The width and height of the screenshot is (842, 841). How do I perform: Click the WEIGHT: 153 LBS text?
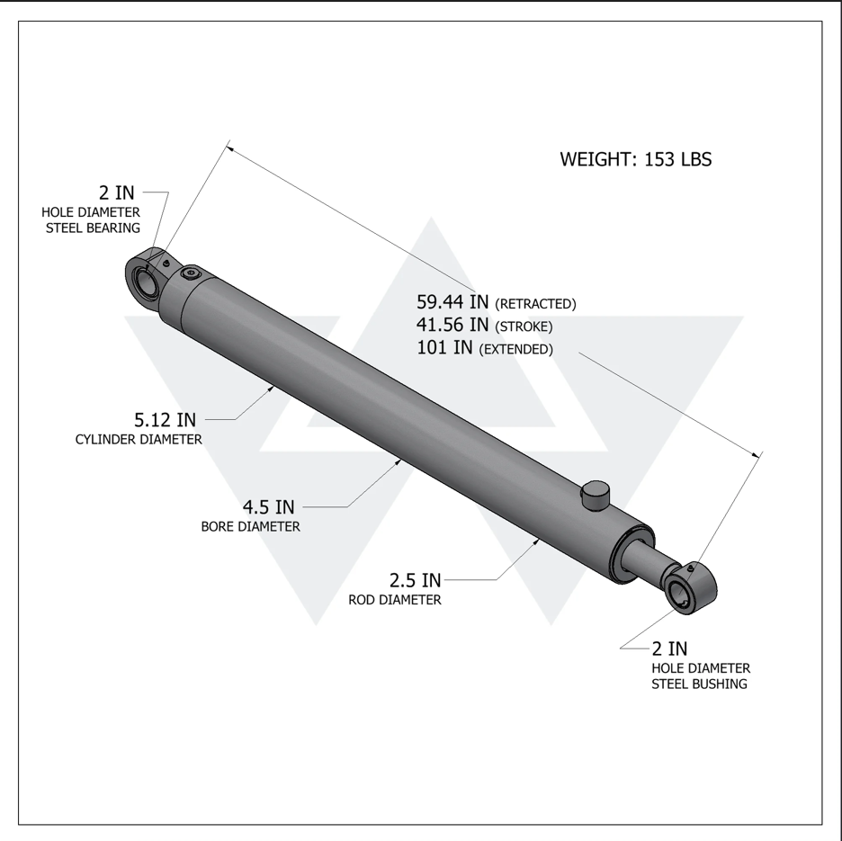tap(636, 159)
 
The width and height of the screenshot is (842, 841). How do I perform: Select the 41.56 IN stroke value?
tap(452, 325)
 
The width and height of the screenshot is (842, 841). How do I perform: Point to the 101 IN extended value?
tap(444, 347)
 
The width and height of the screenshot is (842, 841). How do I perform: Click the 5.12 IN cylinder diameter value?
tap(165, 419)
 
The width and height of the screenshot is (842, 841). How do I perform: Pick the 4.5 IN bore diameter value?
tap(268, 507)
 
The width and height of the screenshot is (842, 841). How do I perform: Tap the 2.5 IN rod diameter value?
tap(415, 580)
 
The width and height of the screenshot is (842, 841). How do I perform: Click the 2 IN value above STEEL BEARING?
tap(117, 192)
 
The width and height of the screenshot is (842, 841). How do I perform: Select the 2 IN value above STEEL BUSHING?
tap(669, 649)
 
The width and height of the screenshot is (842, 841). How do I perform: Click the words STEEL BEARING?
tap(93, 228)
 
